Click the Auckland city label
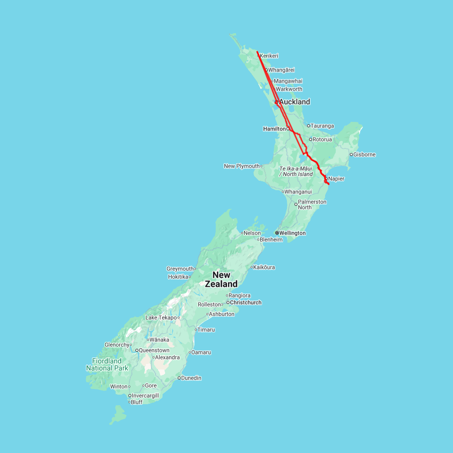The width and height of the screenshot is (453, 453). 294,102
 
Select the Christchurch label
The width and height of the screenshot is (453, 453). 245,303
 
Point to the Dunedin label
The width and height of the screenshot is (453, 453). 191,377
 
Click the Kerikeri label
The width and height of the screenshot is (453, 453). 269,56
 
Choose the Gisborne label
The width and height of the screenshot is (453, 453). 364,155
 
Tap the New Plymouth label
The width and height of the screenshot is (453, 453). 242,166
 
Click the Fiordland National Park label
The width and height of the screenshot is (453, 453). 107,364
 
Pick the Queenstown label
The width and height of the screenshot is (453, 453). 154,350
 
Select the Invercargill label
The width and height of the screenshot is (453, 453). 145,396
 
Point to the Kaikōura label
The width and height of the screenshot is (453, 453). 264,267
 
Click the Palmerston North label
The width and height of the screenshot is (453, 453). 312,204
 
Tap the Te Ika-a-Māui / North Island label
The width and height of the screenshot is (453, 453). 296,171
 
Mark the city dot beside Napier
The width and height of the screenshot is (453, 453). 326,178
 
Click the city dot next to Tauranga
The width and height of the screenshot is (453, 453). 309,126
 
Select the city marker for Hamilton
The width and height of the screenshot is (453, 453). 288,129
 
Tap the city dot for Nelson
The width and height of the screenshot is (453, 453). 242,233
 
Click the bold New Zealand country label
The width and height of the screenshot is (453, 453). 221,279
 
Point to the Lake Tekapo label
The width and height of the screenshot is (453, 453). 161,318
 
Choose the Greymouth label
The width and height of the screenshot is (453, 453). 180,269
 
